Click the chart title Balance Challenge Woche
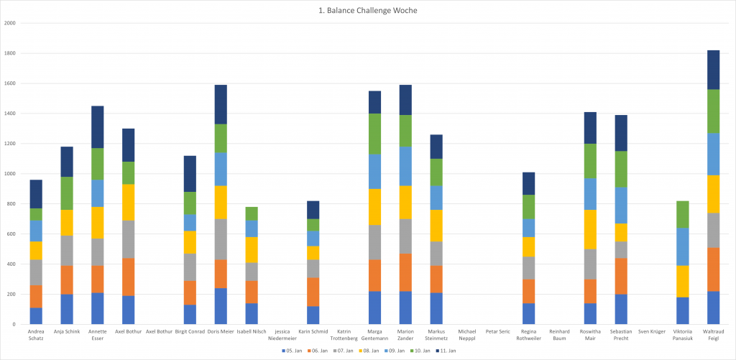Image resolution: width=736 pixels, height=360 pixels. (367, 11)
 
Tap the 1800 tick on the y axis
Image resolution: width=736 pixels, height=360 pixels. (10, 53)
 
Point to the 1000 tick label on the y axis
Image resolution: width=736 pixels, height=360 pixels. (10, 174)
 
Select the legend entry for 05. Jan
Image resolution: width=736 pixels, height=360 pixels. (292, 351)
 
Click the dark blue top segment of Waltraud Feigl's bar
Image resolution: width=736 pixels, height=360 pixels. (713, 70)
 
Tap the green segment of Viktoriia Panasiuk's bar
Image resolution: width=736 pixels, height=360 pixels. (683, 214)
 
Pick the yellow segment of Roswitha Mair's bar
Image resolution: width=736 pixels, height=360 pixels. (590, 229)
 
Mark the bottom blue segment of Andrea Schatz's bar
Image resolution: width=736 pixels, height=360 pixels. (35, 315)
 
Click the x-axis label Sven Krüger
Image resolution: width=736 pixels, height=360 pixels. (652, 332)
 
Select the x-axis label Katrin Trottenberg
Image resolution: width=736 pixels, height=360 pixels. (343, 335)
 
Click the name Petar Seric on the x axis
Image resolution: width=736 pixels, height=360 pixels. (498, 332)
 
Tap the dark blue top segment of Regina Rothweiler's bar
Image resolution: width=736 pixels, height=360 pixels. (528, 183)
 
